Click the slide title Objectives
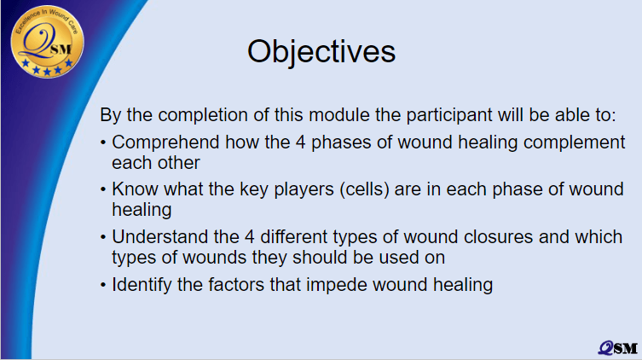(x=321, y=52)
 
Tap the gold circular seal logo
(x=48, y=41)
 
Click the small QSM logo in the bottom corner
(x=618, y=348)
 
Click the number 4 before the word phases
(x=300, y=142)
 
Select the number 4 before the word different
(x=250, y=237)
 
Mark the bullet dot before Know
(x=103, y=190)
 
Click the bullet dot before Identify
(x=103, y=286)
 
